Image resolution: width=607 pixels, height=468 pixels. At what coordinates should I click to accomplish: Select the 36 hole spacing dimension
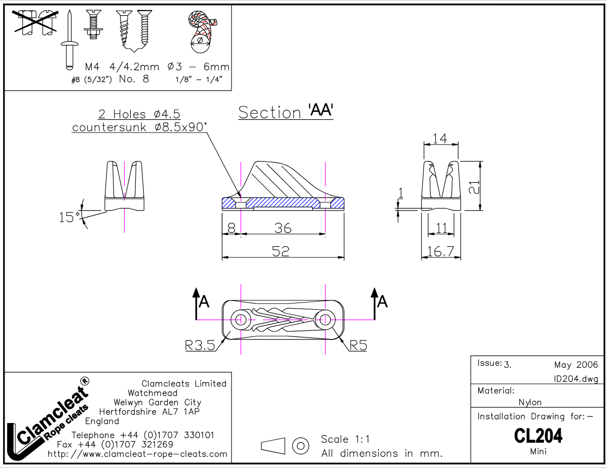283,228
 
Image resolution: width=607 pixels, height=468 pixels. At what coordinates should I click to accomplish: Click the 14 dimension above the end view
440,138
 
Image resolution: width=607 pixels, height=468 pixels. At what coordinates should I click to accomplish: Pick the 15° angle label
69,218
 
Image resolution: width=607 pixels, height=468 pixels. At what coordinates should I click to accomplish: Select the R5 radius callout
358,346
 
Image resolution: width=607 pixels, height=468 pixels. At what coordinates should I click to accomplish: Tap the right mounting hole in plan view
324,319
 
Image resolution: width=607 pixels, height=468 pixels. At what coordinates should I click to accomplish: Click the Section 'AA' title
285,112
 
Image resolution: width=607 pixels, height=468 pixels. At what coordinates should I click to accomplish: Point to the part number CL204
538,435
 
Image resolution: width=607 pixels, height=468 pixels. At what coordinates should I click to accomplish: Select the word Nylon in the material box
530,403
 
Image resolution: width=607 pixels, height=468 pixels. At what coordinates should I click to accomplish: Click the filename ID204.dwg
576,379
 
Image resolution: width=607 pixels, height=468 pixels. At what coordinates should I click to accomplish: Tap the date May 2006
576,365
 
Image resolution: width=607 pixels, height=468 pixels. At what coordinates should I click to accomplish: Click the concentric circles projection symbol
301,446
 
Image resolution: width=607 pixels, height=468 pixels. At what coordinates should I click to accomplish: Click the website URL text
137,454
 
